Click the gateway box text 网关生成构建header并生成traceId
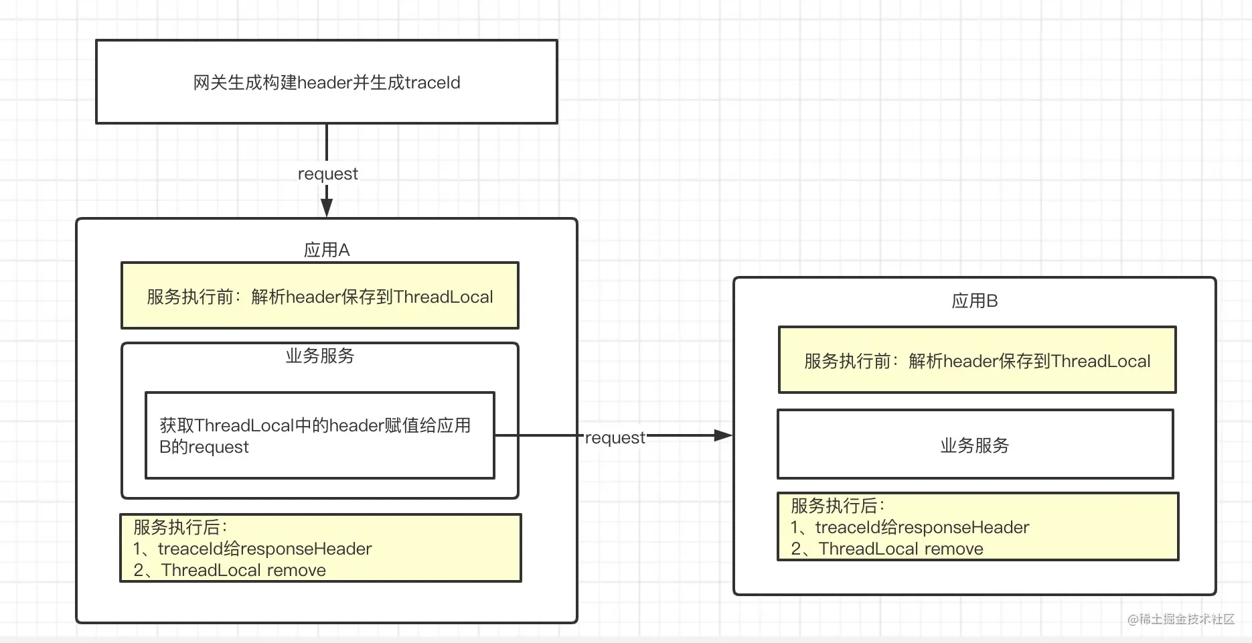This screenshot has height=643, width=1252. [327, 82]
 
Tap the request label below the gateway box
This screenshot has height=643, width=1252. [327, 174]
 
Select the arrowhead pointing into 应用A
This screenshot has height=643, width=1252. [327, 206]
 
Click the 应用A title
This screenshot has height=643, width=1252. [327, 250]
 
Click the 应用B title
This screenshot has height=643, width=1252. [975, 301]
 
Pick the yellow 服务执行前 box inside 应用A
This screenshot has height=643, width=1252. [320, 295]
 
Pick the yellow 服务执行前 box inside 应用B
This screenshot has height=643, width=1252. [977, 360]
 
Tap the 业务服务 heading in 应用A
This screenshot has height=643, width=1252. [320, 356]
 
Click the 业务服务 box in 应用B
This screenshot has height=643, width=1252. [975, 444]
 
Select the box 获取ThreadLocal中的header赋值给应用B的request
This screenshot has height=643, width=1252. [320, 435]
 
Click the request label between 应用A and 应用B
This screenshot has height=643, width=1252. [615, 438]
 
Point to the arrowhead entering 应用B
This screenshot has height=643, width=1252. [723, 435]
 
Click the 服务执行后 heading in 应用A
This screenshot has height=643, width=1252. [181, 527]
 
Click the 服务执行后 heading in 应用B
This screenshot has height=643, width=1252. [838, 506]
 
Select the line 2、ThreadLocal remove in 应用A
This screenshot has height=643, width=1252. [230, 570]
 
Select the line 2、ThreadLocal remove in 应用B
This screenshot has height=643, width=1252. [887, 549]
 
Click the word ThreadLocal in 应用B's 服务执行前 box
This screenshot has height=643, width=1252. [1101, 361]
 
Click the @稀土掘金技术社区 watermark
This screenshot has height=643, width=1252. [1181, 619]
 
